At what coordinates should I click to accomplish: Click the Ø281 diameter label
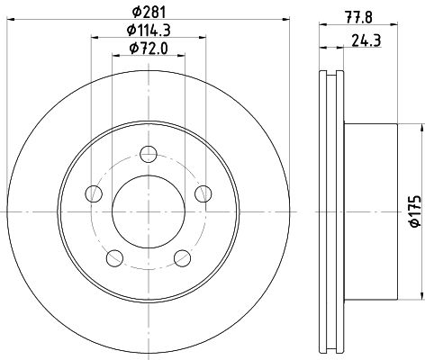(149, 13)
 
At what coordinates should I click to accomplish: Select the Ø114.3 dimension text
(149, 31)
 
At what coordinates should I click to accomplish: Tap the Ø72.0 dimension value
(149, 49)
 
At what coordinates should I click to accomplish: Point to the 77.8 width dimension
(359, 17)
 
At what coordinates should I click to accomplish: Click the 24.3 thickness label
(366, 40)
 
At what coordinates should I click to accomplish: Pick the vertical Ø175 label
(416, 211)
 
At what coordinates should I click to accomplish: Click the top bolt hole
(149, 154)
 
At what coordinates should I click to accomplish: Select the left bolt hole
(94, 193)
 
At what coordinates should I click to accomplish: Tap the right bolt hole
(203, 193)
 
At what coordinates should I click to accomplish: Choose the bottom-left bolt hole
(115, 257)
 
